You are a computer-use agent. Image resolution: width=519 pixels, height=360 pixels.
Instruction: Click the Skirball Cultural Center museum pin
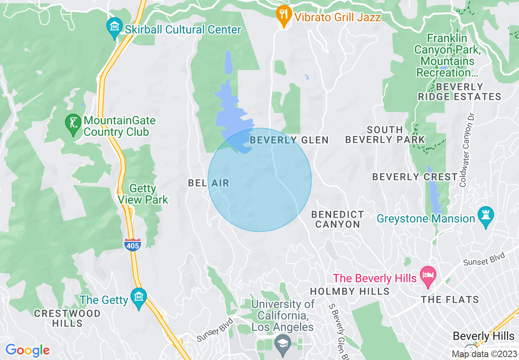click(115, 27)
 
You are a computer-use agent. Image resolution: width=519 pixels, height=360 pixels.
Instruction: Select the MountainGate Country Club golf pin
click(74, 123)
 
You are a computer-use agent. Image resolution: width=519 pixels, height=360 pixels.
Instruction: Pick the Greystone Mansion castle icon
click(486, 216)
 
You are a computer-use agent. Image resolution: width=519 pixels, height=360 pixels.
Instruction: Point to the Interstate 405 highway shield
click(133, 244)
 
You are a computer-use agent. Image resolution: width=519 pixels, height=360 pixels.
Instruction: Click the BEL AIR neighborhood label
click(208, 183)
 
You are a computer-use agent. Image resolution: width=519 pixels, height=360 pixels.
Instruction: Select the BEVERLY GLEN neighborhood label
click(289, 140)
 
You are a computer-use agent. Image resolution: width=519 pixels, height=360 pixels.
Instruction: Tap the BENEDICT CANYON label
click(337, 219)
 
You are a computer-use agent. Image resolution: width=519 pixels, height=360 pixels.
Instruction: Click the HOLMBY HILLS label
click(350, 291)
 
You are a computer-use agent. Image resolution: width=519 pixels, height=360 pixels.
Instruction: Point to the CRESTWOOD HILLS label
click(67, 318)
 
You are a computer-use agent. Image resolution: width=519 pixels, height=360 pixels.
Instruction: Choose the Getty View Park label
click(143, 194)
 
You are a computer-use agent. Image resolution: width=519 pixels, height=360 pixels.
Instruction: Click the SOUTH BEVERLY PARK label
click(385, 135)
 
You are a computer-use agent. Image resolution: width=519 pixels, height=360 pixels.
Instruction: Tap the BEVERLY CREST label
click(415, 177)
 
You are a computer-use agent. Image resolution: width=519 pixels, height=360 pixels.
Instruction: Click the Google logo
click(27, 350)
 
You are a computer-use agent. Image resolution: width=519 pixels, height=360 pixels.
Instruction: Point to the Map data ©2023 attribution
click(483, 354)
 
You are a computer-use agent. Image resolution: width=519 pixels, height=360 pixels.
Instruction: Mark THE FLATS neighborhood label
click(450, 299)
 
